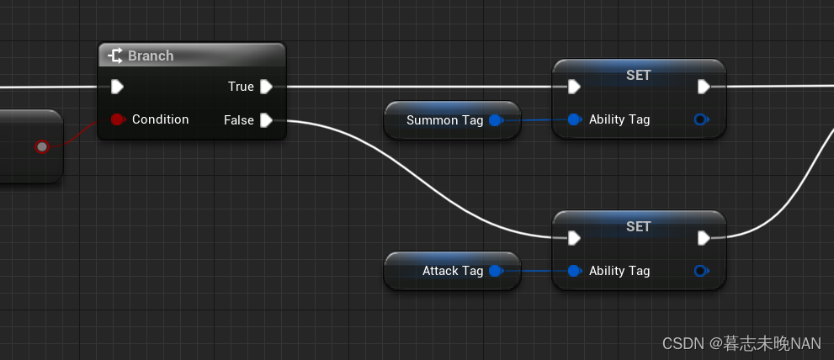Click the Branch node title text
click(x=151, y=56)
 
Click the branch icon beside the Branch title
click(x=115, y=56)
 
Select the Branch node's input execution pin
click(x=118, y=86)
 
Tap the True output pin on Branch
click(x=266, y=86)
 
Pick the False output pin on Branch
click(x=266, y=120)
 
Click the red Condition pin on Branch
click(x=118, y=119)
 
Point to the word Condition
click(x=160, y=119)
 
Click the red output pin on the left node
click(x=42, y=147)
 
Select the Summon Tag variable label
click(x=444, y=120)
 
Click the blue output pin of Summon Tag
click(x=496, y=120)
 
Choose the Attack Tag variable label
click(x=453, y=271)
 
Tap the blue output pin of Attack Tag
click(x=496, y=271)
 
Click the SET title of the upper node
click(x=639, y=76)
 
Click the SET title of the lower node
click(x=639, y=227)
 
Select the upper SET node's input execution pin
click(x=574, y=86)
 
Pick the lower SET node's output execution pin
click(x=704, y=238)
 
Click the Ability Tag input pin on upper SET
click(x=574, y=119)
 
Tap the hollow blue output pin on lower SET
click(x=701, y=271)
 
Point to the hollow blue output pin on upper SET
click(x=701, y=119)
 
